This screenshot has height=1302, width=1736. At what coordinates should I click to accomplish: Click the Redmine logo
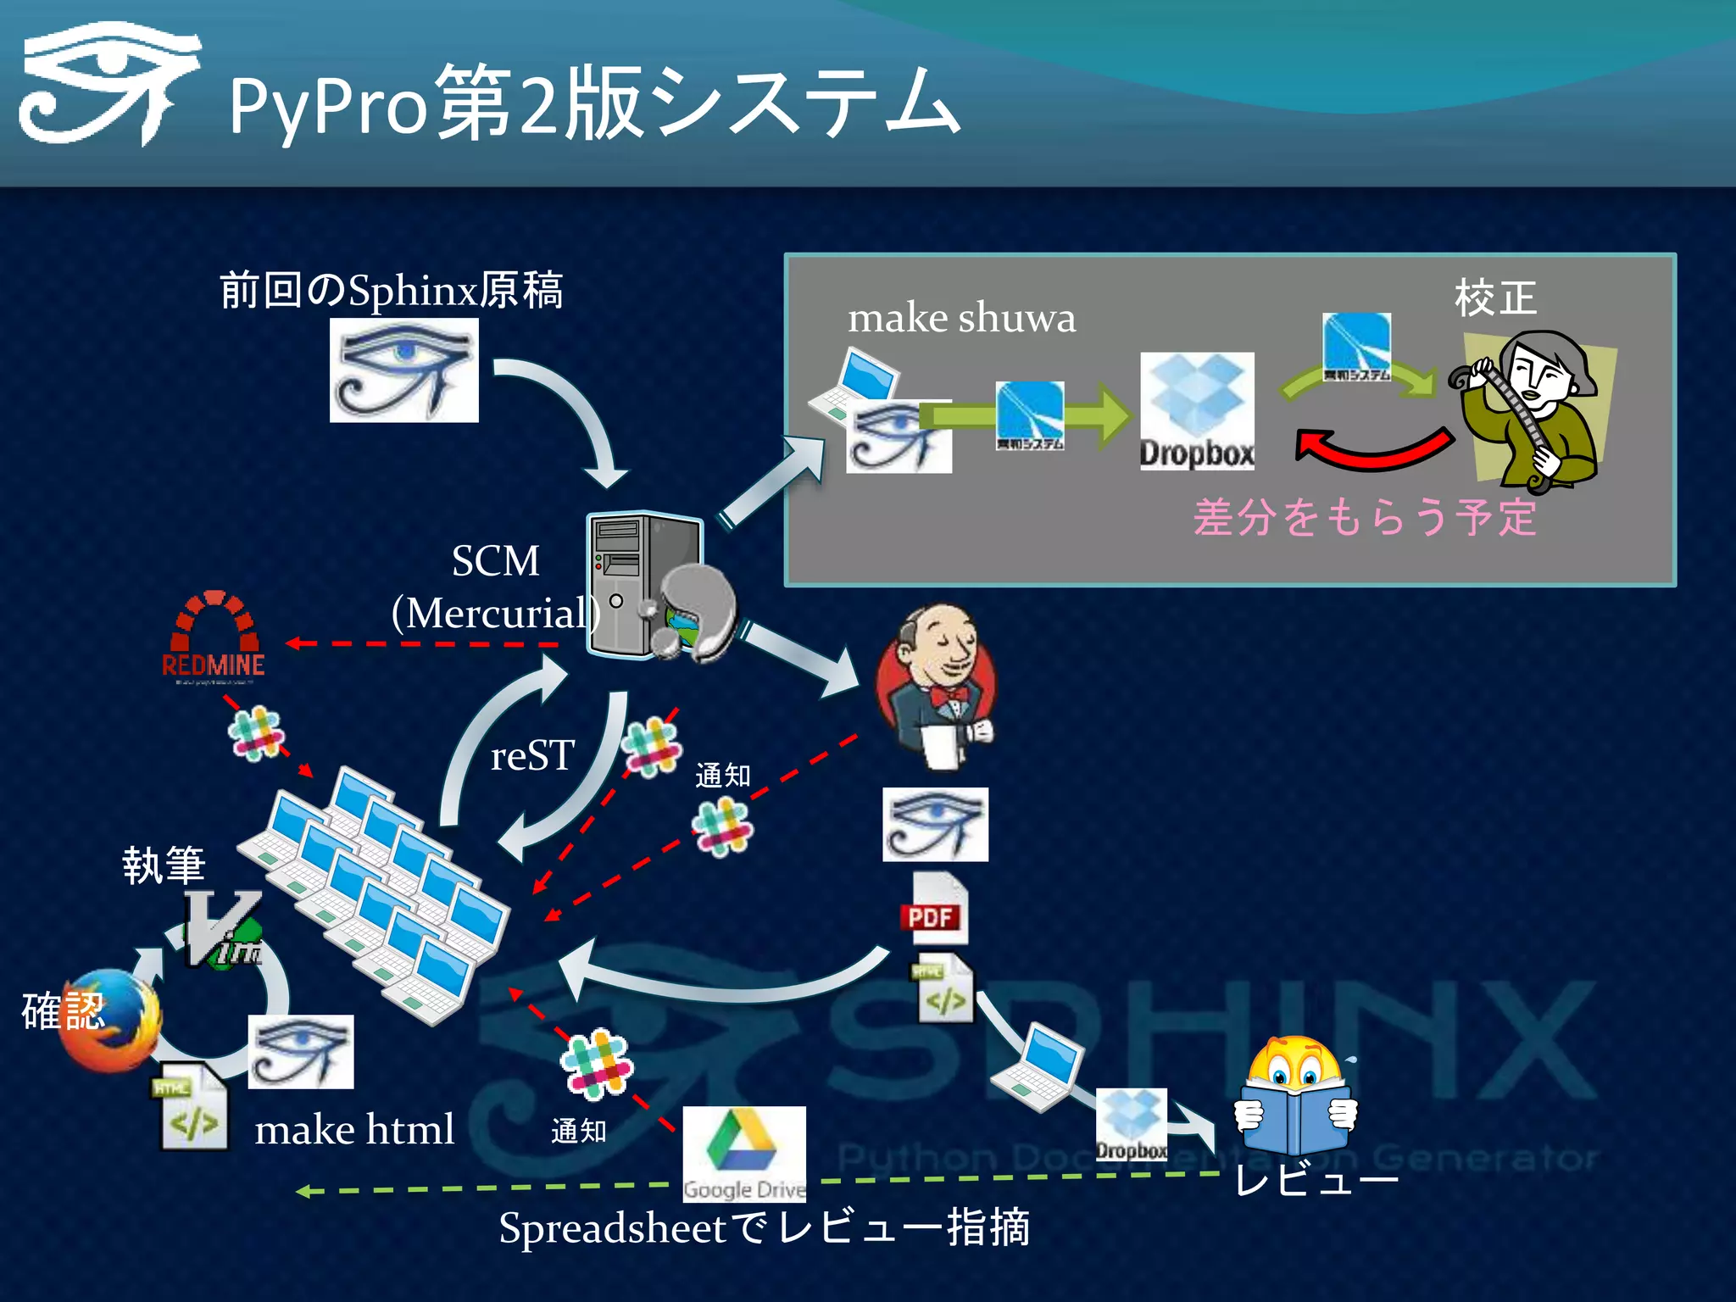213,636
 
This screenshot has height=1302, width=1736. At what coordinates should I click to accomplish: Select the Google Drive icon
744,1153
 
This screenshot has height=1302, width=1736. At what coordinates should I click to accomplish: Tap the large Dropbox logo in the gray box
1197,411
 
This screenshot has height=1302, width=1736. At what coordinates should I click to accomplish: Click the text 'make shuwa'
961,318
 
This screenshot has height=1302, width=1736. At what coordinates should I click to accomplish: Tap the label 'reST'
532,755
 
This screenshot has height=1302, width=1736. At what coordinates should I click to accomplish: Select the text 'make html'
354,1130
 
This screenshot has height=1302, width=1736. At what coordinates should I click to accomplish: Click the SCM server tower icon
644,585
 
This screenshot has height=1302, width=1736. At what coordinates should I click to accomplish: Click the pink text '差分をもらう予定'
1365,517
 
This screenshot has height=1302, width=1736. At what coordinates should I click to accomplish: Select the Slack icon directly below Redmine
256,732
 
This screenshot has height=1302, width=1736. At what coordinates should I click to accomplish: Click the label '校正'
1495,298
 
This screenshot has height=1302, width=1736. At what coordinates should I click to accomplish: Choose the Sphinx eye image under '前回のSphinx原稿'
403,370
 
